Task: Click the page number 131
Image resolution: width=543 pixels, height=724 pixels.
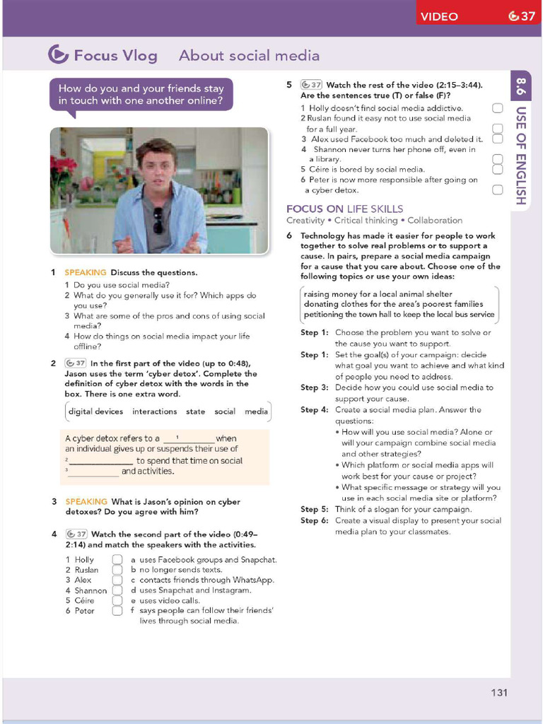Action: (x=499, y=692)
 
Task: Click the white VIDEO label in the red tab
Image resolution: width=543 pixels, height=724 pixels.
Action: (x=439, y=16)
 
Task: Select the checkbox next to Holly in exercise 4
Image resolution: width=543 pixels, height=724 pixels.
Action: (x=118, y=560)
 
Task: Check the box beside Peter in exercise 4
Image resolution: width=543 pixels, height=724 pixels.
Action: (x=118, y=611)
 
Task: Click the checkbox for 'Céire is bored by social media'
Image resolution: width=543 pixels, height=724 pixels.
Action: (x=497, y=169)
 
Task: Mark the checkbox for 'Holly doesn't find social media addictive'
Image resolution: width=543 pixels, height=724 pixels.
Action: (x=497, y=108)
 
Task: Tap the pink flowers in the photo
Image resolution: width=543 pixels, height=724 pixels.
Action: (x=62, y=170)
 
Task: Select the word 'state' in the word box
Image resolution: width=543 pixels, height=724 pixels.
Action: (x=196, y=411)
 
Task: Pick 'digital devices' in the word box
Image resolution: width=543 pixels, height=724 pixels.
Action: (x=95, y=411)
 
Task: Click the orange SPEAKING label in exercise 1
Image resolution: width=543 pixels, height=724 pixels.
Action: (x=86, y=272)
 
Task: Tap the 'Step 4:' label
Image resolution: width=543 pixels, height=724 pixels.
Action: (x=315, y=409)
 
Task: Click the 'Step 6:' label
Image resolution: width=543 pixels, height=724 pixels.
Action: (x=315, y=520)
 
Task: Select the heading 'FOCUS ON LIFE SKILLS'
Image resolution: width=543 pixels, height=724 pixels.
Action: (x=344, y=209)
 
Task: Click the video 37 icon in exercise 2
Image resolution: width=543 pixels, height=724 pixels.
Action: (x=76, y=363)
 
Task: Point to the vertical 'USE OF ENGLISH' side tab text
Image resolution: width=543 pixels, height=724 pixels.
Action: (x=520, y=156)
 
